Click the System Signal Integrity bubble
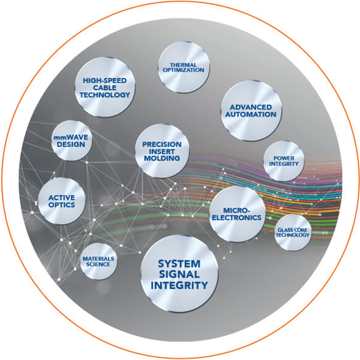point(179,274)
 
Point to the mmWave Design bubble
point(72,141)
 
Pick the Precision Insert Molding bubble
point(161,151)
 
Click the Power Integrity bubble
point(283,161)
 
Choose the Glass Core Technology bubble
point(293,232)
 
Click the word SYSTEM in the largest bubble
point(179,262)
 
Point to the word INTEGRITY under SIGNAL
point(179,285)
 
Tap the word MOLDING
point(161,158)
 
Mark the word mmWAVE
point(72,137)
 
